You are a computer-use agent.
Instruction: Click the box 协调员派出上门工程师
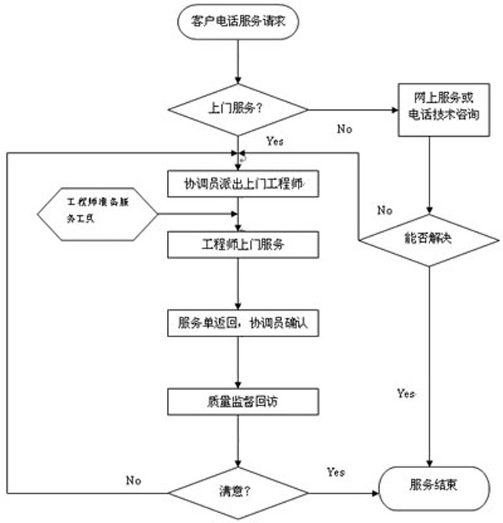click(242, 184)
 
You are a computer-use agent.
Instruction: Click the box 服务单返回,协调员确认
click(242, 322)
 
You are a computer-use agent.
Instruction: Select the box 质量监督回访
click(242, 400)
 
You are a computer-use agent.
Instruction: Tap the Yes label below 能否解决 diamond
click(405, 393)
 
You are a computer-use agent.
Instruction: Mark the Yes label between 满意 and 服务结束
click(336, 472)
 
